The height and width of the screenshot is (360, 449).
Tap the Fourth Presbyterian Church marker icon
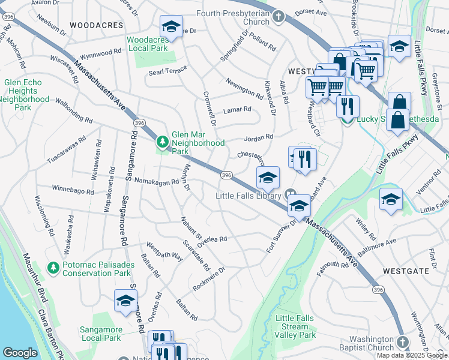[278, 16]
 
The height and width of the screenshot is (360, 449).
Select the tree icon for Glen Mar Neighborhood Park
[161, 142]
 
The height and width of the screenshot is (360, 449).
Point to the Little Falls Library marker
[291, 194]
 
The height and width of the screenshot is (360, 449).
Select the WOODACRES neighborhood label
[96, 25]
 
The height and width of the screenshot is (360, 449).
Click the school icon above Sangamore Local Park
[125, 301]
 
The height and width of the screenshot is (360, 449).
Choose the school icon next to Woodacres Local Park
[171, 27]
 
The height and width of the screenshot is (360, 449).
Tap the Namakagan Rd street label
[157, 181]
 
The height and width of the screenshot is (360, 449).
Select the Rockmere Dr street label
[208, 279]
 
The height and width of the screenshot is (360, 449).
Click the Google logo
[20, 353]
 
